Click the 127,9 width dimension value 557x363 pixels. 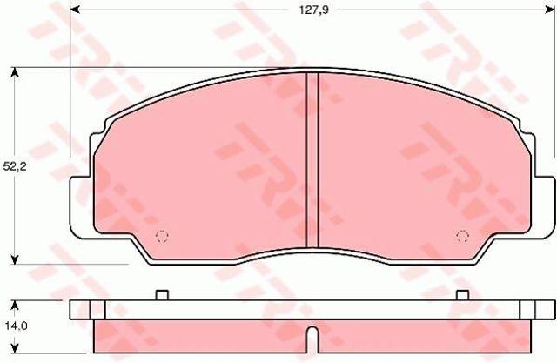(x=313, y=10)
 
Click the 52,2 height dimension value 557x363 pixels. (x=15, y=166)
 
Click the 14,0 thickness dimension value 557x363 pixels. (x=15, y=326)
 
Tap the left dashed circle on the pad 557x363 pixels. (x=162, y=236)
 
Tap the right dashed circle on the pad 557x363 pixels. (x=462, y=236)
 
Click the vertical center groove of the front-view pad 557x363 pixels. (x=312, y=160)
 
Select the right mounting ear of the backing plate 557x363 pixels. (x=543, y=207)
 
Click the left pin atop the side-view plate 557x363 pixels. (x=162, y=295)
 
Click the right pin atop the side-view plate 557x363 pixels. (x=462, y=295)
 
